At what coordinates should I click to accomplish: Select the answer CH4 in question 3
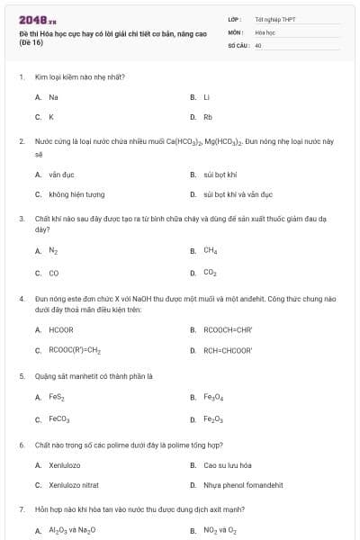[210, 251]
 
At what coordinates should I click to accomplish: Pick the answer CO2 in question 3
[210, 272]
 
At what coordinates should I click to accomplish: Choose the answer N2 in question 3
[53, 251]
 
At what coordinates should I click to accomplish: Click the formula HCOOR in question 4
[61, 329]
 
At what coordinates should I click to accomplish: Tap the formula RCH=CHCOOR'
[228, 350]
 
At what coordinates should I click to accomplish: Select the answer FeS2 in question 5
[57, 397]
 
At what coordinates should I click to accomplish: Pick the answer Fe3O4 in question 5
[212, 397]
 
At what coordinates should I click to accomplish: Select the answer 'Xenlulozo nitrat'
[74, 484]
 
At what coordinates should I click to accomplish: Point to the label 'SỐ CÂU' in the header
[237, 44]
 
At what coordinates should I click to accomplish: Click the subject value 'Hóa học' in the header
[264, 31]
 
